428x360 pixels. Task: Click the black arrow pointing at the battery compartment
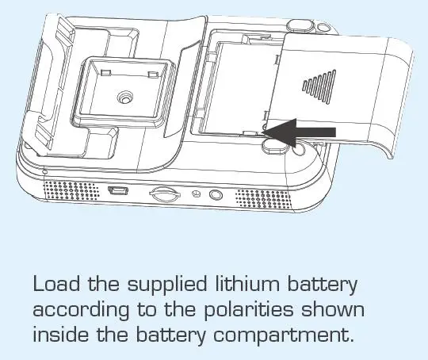[x=299, y=132]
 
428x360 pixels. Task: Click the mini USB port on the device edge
[x=118, y=190]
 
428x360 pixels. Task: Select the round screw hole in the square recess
[x=125, y=98]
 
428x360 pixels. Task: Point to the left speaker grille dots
[x=71, y=190]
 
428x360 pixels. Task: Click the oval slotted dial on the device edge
[x=165, y=193]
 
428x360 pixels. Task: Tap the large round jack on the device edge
[x=216, y=195]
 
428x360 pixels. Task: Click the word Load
[x=57, y=284]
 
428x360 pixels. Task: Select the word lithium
[x=247, y=284]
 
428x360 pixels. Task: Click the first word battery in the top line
[x=322, y=285]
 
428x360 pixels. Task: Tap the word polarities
[x=248, y=309]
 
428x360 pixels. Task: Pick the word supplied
[x=167, y=285]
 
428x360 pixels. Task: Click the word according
[x=81, y=311]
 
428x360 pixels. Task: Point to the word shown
[x=332, y=309]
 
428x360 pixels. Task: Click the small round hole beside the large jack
[x=196, y=193]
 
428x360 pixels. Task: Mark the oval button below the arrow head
[x=275, y=146]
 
